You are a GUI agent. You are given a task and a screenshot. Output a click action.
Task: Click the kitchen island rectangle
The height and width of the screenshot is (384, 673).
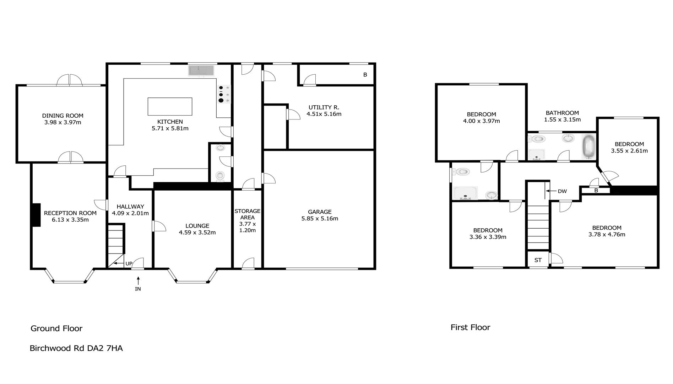pyautogui.click(x=170, y=106)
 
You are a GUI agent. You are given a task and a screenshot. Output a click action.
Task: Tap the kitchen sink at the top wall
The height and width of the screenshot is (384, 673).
pyautogui.click(x=201, y=70)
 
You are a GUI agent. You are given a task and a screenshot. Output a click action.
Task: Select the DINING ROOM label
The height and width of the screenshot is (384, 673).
pyautogui.click(x=63, y=116)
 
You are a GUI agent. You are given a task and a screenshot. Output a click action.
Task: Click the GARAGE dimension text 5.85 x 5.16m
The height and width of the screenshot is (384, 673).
pyautogui.click(x=320, y=218)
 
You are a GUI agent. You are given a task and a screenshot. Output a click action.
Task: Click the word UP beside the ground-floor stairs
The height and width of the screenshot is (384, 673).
pyautogui.click(x=129, y=263)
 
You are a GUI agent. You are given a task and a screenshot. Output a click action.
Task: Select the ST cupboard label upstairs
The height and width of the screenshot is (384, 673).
pyautogui.click(x=538, y=260)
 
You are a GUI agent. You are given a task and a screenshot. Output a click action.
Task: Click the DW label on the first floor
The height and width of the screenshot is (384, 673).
pyautogui.click(x=562, y=191)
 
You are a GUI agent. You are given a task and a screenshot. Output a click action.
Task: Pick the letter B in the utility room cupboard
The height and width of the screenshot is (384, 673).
pyautogui.click(x=365, y=75)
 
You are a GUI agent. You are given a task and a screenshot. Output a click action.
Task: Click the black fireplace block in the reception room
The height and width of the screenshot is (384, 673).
pyautogui.click(x=36, y=215)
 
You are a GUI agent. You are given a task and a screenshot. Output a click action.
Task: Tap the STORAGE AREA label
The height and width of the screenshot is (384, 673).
pyautogui.click(x=248, y=214)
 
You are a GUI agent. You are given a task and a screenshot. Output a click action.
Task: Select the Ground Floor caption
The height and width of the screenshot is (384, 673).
pyautogui.click(x=56, y=328)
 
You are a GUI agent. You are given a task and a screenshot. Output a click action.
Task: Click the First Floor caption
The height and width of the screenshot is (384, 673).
pyautogui.click(x=470, y=327)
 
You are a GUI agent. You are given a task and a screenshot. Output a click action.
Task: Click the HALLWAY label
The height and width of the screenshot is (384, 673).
pyautogui.click(x=130, y=207)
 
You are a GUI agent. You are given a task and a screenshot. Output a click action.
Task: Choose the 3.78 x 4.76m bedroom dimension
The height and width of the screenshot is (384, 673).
pyautogui.click(x=607, y=234)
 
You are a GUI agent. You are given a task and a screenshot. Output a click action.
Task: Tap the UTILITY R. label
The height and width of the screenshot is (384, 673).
pyautogui.click(x=324, y=107)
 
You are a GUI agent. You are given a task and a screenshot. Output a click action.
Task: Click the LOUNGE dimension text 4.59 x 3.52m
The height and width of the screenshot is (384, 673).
pyautogui.click(x=197, y=233)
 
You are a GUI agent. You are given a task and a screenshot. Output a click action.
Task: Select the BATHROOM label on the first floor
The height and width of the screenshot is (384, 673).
pyautogui.click(x=562, y=113)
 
